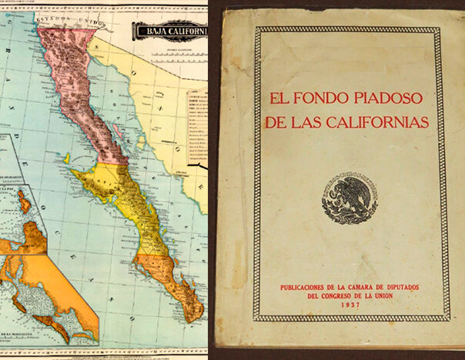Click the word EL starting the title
click(277, 100)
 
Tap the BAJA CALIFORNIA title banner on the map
click(171, 32)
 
